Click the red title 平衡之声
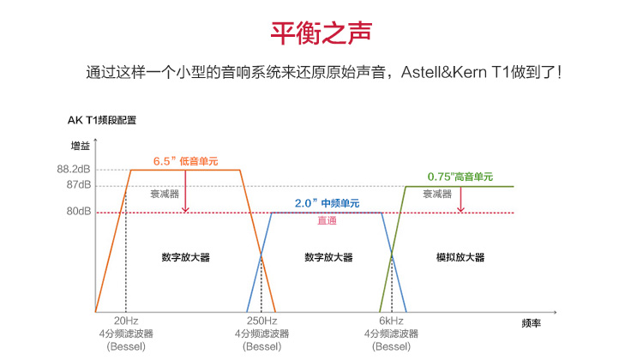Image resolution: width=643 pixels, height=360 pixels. (x=321, y=33)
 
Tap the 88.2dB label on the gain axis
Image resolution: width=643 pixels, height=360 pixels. (x=74, y=170)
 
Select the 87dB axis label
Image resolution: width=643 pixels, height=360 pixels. (x=79, y=185)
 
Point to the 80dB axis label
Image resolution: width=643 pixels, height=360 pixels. (x=79, y=211)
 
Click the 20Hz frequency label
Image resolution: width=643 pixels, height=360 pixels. (x=126, y=321)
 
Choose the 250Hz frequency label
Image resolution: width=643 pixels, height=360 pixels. (x=261, y=321)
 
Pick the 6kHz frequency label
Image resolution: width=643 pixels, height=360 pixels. (x=391, y=321)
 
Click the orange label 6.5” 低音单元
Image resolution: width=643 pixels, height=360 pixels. (x=185, y=161)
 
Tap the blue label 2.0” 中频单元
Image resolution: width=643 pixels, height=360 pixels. (x=327, y=203)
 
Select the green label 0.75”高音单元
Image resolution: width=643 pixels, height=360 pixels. (x=460, y=177)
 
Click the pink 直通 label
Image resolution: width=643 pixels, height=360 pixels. (x=327, y=220)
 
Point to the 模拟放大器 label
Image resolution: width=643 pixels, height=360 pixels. (x=460, y=257)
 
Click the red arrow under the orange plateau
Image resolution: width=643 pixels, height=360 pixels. (x=185, y=191)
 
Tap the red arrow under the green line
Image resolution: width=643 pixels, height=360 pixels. (x=460, y=199)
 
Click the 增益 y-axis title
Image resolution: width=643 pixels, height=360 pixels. (x=81, y=146)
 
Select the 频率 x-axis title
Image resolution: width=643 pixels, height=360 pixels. (x=531, y=323)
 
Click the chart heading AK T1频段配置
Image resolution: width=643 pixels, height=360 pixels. (x=102, y=120)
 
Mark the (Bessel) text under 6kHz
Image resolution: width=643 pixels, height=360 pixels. (x=391, y=346)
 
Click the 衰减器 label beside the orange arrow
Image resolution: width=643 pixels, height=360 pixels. (x=165, y=194)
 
